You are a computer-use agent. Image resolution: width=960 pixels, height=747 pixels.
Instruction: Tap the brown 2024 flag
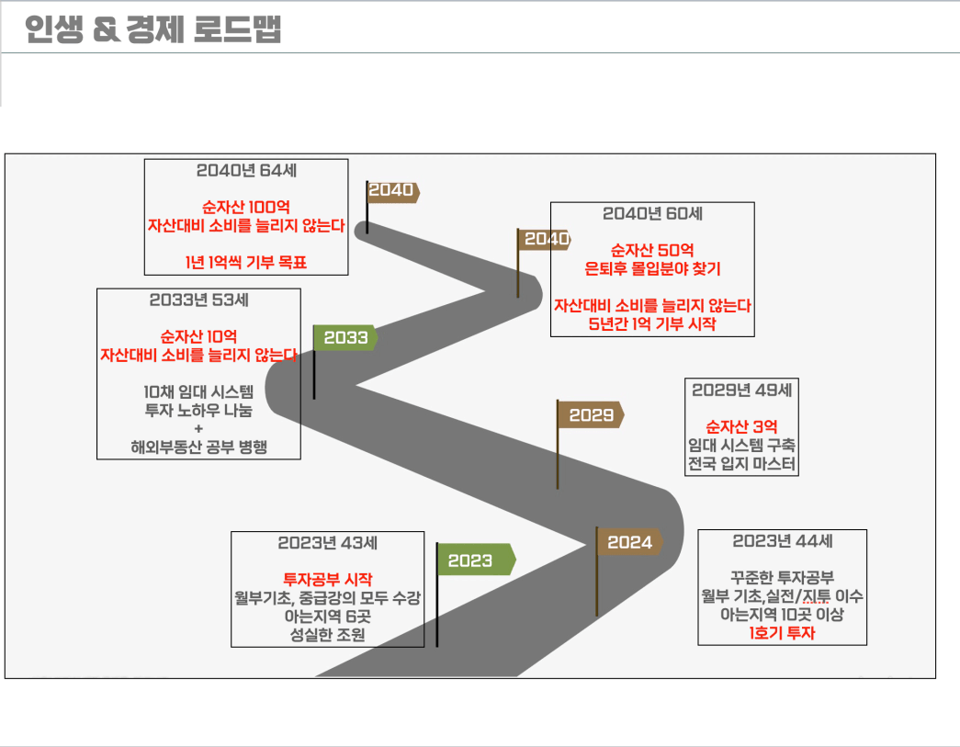click(629, 542)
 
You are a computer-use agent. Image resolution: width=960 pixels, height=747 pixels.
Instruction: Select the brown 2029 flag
click(591, 414)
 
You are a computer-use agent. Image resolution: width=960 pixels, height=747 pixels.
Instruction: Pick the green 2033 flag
click(345, 337)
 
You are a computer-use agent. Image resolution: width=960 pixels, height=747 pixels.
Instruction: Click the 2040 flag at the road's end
click(392, 192)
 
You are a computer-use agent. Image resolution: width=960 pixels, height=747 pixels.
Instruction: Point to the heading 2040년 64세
click(246, 170)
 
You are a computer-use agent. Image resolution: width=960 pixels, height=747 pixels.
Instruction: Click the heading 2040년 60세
click(652, 213)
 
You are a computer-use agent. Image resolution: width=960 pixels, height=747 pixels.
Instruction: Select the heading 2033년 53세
click(198, 300)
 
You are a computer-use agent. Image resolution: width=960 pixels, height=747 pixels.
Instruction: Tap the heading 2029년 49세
click(741, 390)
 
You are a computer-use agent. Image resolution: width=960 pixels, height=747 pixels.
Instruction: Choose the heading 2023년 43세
click(327, 542)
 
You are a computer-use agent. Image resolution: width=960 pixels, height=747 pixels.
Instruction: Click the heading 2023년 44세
click(782, 540)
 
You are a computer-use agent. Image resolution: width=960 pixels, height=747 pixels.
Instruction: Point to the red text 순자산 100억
click(246, 207)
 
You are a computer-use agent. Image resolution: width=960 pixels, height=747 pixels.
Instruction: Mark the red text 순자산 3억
click(741, 426)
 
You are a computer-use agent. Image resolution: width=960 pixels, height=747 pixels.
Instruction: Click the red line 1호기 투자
click(782, 632)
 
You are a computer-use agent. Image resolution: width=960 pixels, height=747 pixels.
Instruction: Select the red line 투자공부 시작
click(327, 579)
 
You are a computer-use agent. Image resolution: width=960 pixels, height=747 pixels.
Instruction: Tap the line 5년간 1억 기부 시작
click(652, 323)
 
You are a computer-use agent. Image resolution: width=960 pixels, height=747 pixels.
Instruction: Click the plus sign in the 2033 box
click(198, 428)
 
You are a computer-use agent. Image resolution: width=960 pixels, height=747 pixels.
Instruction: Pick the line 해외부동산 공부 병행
click(198, 447)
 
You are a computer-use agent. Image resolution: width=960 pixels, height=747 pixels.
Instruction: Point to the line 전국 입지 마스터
click(741, 463)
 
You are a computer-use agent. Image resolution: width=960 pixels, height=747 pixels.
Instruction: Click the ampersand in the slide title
click(107, 28)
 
